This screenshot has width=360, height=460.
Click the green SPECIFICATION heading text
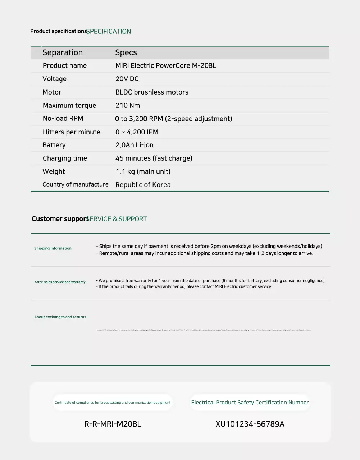[109, 32]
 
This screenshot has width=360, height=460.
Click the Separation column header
[63, 52]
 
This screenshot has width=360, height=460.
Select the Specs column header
[126, 52]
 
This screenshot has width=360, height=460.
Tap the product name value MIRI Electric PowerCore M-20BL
[165, 66]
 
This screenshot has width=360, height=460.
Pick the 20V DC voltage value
[127, 79]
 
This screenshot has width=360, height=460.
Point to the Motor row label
[52, 92]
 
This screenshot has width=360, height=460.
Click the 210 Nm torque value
[128, 106]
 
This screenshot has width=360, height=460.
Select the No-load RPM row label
[63, 119]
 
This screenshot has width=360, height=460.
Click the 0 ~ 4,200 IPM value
[137, 132]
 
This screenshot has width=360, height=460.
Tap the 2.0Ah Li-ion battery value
[134, 145]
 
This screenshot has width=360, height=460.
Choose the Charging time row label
[65, 158]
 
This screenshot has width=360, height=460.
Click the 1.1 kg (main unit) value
[143, 172]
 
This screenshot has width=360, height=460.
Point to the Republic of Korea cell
[143, 185]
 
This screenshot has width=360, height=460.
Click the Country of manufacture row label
[75, 185]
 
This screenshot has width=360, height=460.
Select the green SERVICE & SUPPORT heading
[117, 219]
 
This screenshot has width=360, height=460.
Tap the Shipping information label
[53, 248]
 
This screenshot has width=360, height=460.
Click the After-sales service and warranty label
[60, 282]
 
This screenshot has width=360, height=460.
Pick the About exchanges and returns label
[60, 317]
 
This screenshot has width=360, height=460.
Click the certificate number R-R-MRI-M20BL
[113, 424]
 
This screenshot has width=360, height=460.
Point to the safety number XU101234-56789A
[250, 424]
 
